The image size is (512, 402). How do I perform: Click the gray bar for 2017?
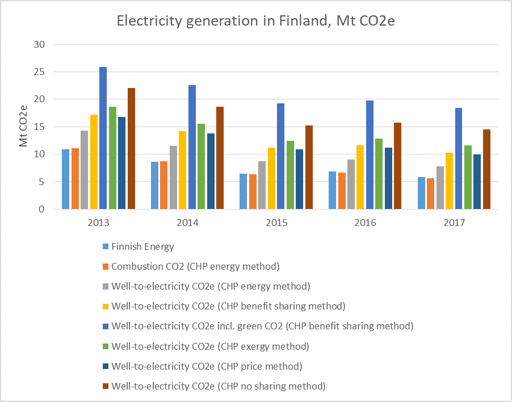pyautogui.click(x=439, y=187)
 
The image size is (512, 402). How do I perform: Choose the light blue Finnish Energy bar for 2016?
pyautogui.click(x=332, y=190)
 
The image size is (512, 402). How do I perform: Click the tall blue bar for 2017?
pyautogui.click(x=458, y=158)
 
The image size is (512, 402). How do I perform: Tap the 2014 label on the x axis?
pyautogui.click(x=187, y=223)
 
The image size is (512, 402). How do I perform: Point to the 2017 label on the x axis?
pyautogui.click(x=454, y=223)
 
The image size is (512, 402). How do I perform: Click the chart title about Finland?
pyautogui.click(x=256, y=22)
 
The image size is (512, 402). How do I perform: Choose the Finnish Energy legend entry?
pyautogui.click(x=142, y=247)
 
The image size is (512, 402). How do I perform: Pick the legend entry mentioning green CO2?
pyautogui.click(x=262, y=326)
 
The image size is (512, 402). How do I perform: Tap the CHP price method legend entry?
pyautogui.click(x=207, y=366)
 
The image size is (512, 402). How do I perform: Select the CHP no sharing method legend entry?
pyautogui.click(x=219, y=386)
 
